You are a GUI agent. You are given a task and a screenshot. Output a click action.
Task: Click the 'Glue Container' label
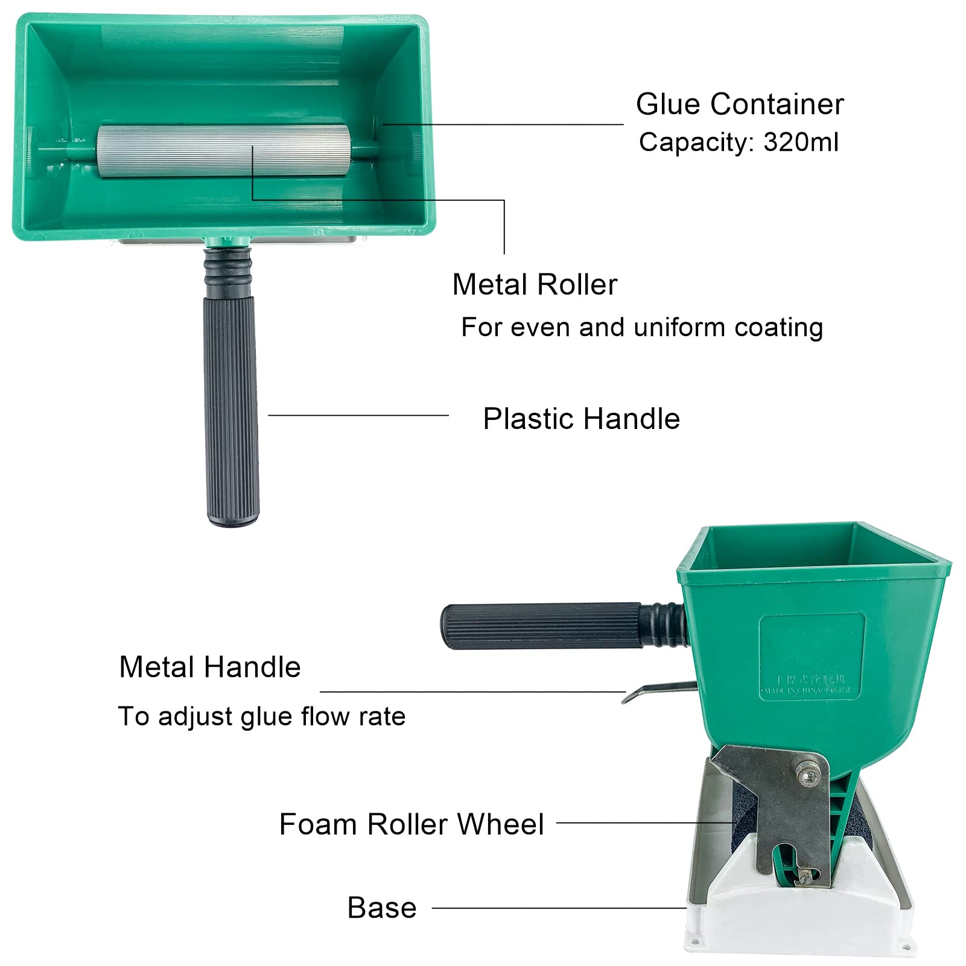click(740, 104)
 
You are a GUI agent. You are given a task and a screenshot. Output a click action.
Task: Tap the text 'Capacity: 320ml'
click(739, 142)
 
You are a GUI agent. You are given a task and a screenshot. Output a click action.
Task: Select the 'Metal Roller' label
click(535, 285)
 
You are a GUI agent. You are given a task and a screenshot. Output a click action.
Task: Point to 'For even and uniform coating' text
click(642, 328)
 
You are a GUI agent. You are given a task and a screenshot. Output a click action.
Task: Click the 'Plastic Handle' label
click(581, 419)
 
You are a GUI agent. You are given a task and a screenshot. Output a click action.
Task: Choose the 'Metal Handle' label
click(209, 667)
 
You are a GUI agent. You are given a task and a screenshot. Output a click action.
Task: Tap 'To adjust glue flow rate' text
click(261, 717)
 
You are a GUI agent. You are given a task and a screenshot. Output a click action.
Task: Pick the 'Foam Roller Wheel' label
click(412, 824)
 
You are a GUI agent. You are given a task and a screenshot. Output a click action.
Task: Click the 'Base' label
click(382, 907)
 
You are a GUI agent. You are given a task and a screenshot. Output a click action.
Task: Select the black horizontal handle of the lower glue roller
click(543, 626)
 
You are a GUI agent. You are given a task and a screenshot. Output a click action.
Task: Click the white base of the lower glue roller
click(796, 917)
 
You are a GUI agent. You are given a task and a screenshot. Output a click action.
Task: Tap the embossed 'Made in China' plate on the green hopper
click(812, 658)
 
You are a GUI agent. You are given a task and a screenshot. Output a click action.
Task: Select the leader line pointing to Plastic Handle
click(358, 415)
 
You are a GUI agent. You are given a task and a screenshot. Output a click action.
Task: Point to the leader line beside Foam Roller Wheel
click(644, 822)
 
